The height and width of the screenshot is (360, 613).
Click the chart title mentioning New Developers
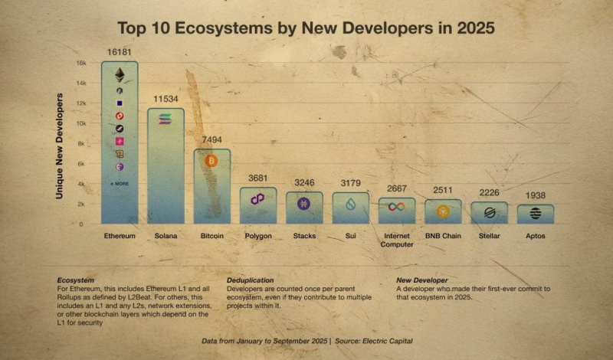pos(306,28)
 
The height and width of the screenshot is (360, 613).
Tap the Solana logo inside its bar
pos(166,119)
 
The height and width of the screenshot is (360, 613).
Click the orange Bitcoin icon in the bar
pos(211,161)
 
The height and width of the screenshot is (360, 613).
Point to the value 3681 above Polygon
pos(257,178)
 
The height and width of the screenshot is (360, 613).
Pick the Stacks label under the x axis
pos(304,236)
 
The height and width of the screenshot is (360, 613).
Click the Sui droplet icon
pos(351,204)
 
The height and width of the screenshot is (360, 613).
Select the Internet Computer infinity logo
pos(397,207)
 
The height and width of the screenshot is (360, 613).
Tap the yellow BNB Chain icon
pos(443,210)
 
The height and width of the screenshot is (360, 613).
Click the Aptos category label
pos(536,236)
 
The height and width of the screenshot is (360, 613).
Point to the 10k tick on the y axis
pos(80,123)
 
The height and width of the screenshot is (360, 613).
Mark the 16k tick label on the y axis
pos(80,63)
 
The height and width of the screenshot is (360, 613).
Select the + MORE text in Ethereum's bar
pos(120,184)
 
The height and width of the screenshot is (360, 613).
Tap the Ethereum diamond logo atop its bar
pos(120,74)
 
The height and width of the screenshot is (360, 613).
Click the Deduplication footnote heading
pos(250,280)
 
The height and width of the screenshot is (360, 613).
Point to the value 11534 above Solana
pos(166,100)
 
